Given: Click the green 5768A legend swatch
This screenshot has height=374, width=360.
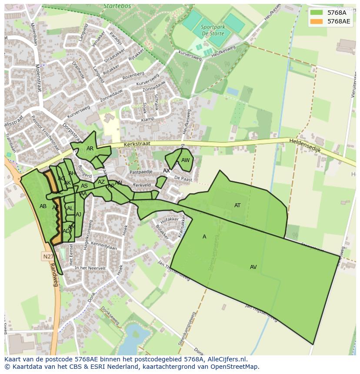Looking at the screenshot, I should click(x=316, y=12).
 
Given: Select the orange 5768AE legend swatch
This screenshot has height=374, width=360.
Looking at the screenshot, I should click(x=316, y=21).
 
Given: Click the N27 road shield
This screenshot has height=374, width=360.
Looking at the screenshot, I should click(x=48, y=256).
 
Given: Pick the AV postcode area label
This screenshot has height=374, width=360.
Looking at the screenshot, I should click(x=253, y=267).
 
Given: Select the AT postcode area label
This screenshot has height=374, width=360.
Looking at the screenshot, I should click(x=237, y=205).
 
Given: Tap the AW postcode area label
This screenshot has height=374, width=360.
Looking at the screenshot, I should click(x=185, y=160).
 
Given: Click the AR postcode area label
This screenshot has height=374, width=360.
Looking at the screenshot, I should click(x=90, y=149).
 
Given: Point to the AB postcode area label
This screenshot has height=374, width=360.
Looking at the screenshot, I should click(x=43, y=206).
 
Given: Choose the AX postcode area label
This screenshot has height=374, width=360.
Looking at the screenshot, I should click(x=167, y=171).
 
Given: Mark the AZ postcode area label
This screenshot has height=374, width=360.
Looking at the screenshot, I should click(x=101, y=182).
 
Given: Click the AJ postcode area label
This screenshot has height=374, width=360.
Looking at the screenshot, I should click(x=79, y=215).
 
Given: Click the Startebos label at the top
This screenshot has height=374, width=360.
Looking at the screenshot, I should click(x=117, y=7).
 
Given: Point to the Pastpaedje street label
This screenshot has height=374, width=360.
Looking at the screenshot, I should click(x=141, y=172).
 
